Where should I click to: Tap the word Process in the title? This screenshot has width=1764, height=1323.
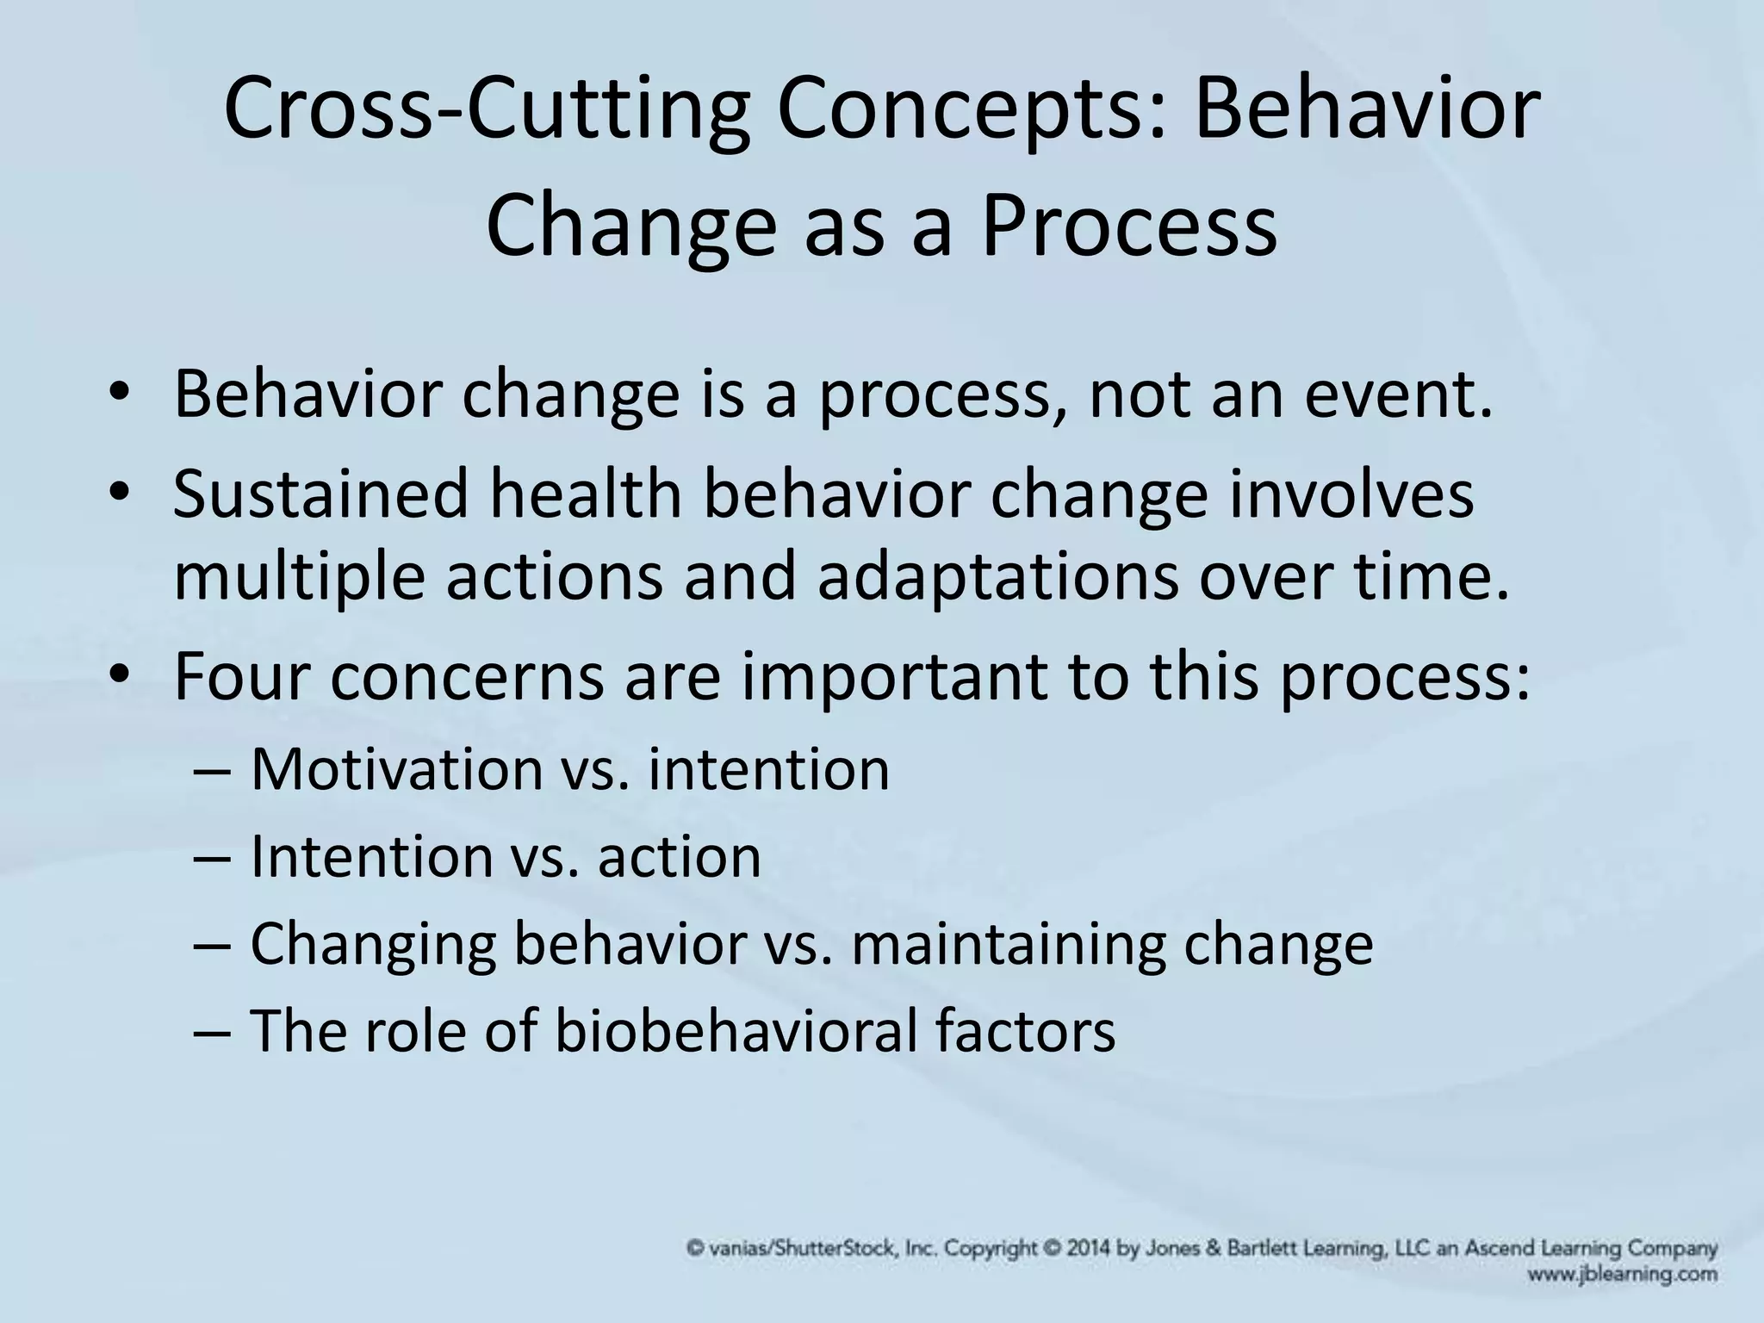(x=1129, y=226)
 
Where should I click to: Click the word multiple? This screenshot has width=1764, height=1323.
(x=298, y=576)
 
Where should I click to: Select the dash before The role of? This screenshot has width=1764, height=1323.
(x=212, y=1032)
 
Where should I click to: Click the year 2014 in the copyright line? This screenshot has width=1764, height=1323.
(x=1091, y=1248)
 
